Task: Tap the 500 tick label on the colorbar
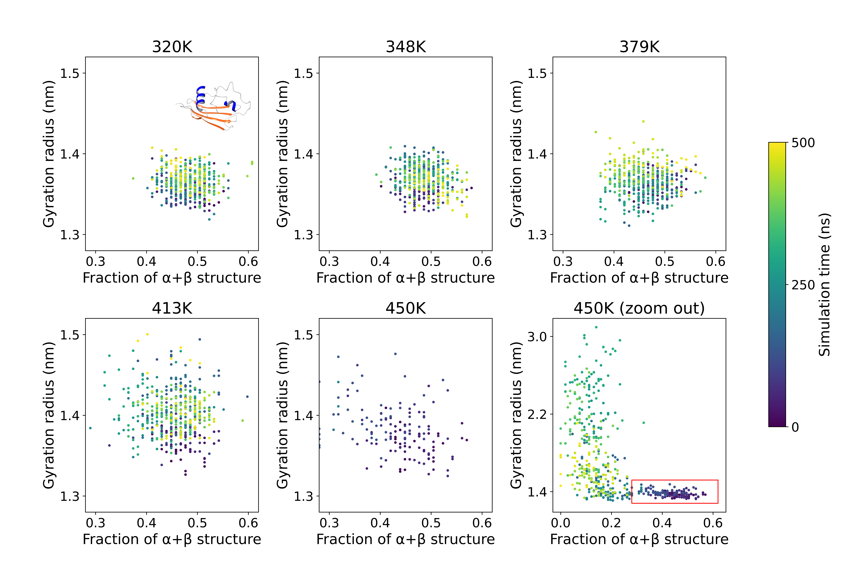coord(803,143)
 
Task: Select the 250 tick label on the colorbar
coord(803,285)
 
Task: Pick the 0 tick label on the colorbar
coord(795,427)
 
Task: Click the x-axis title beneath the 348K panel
coord(406,278)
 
